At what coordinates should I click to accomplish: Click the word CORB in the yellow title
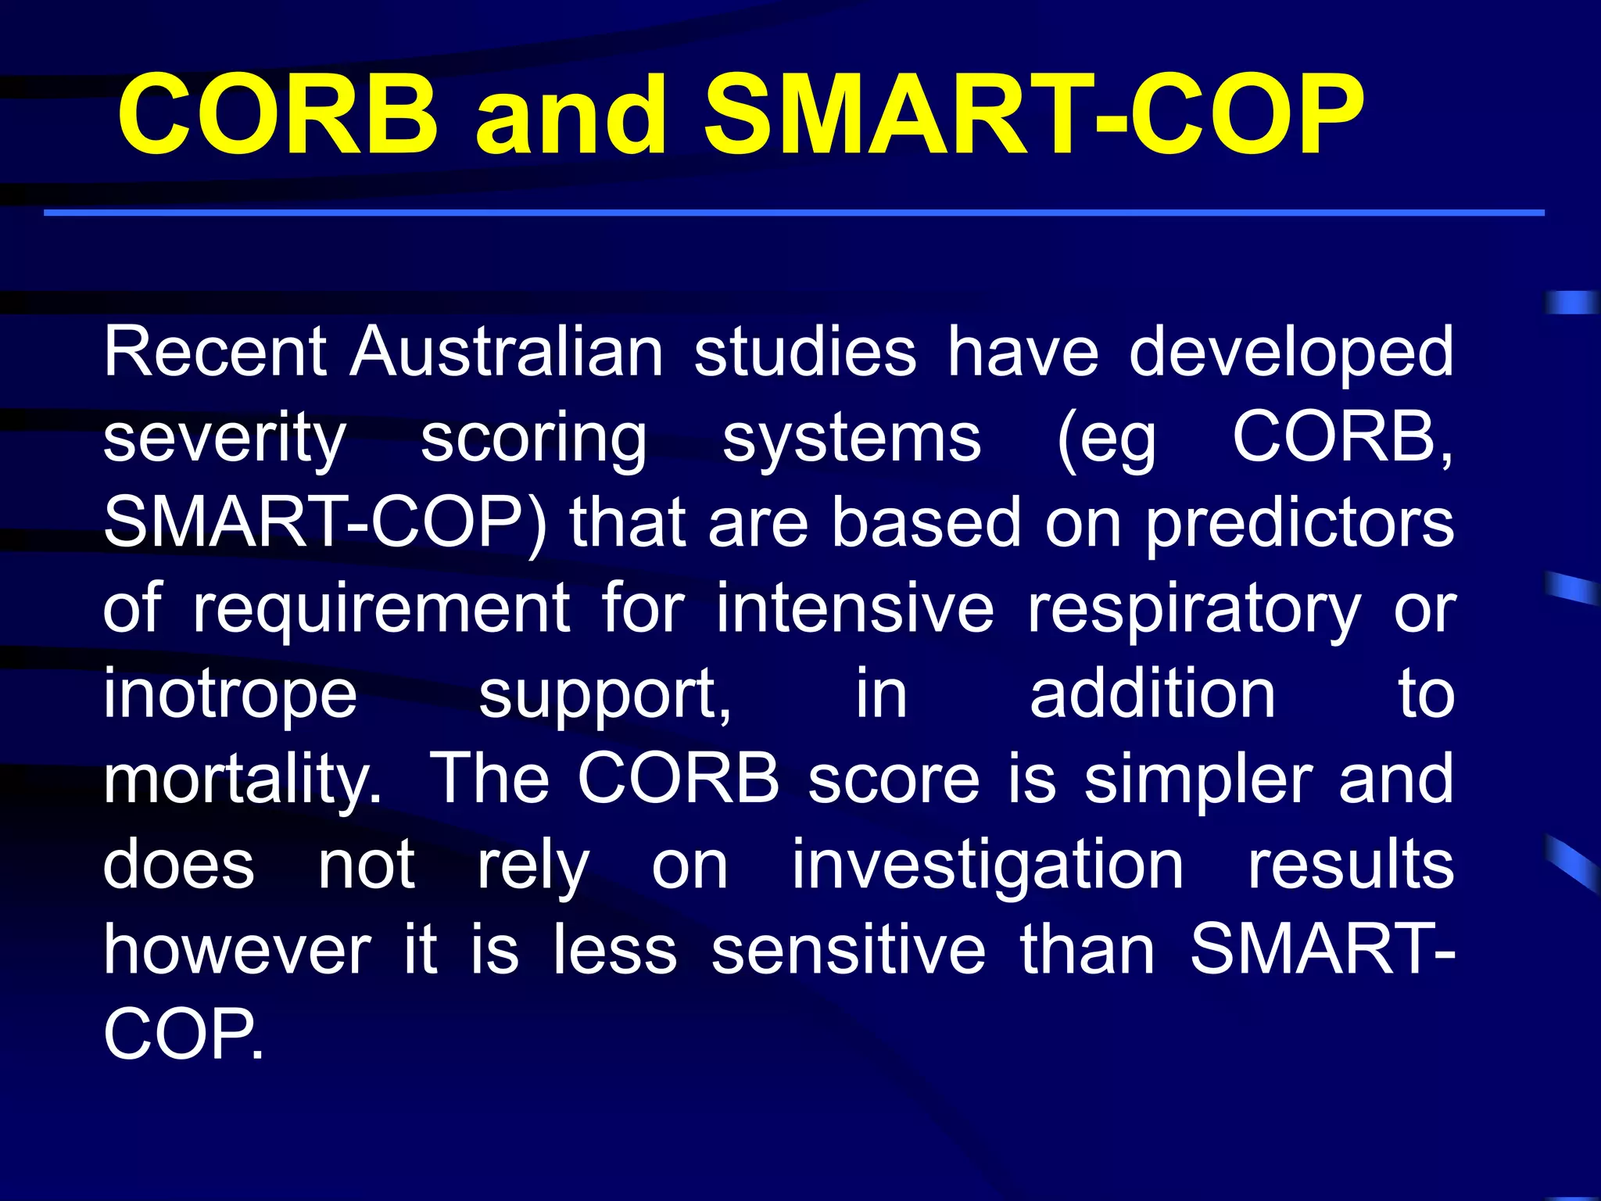[278, 115]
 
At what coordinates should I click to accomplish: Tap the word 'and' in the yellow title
[571, 115]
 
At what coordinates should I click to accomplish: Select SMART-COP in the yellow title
[1033, 115]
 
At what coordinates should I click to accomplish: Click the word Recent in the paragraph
[215, 352]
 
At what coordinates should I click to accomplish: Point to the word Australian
[507, 352]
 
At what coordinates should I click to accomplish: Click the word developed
[1291, 353]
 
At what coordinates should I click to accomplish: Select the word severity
[224, 439]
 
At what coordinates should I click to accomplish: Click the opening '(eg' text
[1105, 439]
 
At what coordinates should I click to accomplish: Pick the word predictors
[1299, 524]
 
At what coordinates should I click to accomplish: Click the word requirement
[381, 610]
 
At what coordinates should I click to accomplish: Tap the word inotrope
[231, 696]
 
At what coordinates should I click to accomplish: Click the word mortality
[242, 780]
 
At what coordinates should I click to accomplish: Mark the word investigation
[988, 866]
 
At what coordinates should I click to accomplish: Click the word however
[237, 950]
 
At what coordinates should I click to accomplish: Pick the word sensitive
[848, 950]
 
